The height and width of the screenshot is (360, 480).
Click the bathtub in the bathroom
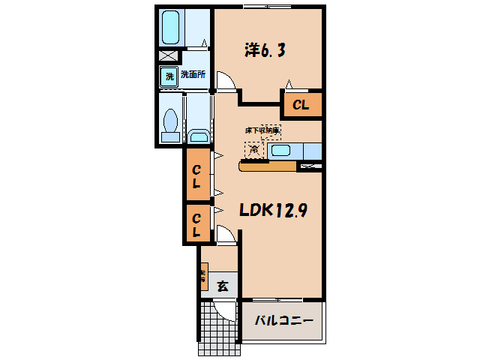[170, 28]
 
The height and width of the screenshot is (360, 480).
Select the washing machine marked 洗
[169, 76]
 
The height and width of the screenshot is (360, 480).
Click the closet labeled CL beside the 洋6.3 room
[301, 105]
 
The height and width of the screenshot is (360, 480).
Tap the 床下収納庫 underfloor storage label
[262, 130]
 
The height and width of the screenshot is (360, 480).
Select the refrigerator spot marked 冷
[254, 149]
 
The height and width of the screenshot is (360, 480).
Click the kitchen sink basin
[281, 151]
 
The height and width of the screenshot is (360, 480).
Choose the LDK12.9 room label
[272, 211]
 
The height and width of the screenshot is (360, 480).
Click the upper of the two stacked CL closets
[198, 175]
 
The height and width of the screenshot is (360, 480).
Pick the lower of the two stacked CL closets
[197, 224]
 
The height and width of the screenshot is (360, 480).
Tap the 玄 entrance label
[223, 286]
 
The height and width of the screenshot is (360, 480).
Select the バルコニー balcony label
[283, 321]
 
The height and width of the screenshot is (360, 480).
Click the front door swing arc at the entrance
[224, 309]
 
